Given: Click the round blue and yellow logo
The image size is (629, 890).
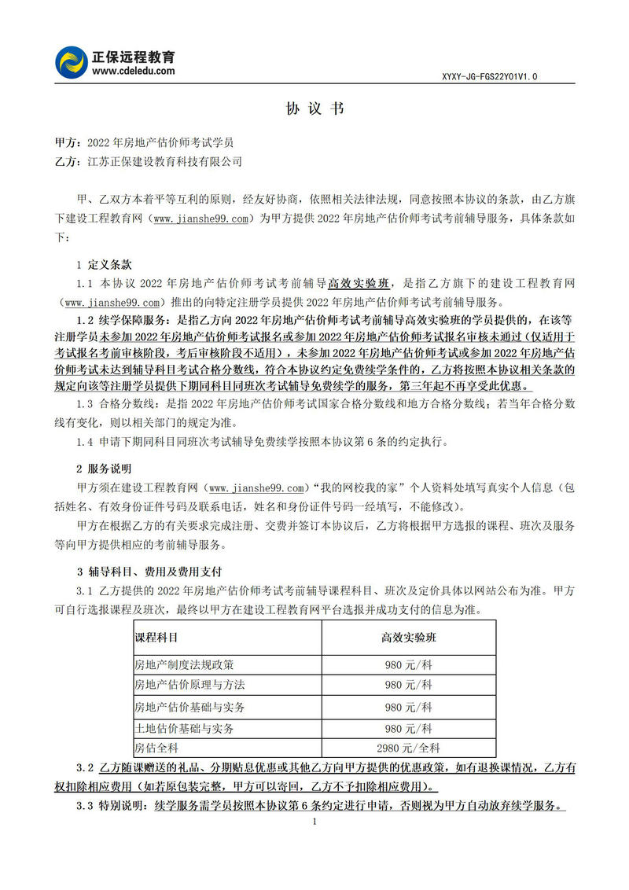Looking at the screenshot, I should [x=72, y=62].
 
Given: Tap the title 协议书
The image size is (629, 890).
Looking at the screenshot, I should [x=314, y=109].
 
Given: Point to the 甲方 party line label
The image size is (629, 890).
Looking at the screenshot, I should [x=66, y=143].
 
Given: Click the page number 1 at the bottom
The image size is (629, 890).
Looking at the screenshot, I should [x=314, y=822].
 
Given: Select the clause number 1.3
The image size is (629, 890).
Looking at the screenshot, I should [x=85, y=403].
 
